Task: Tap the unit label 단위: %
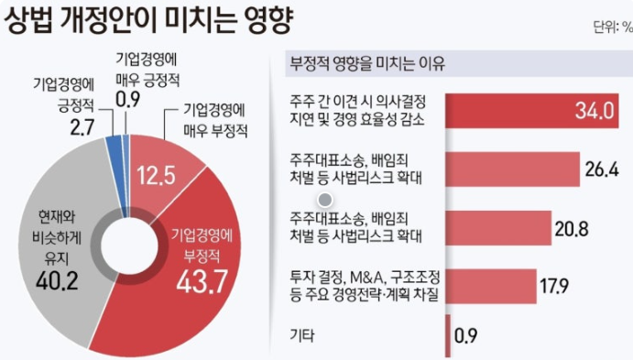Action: pyautogui.click(x=611, y=27)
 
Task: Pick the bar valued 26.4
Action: pyautogui.click(x=513, y=169)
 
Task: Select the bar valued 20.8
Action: pyautogui.click(x=498, y=226)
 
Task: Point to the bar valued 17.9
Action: pyautogui.click(x=490, y=286)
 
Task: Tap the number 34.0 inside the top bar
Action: pyautogui.click(x=593, y=111)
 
